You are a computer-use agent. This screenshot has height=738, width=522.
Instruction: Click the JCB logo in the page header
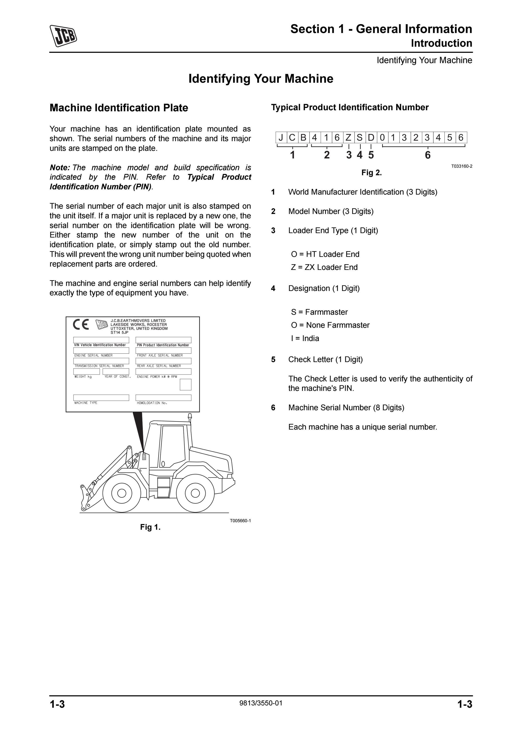click(63, 36)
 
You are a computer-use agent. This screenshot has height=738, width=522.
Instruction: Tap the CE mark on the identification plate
click(81, 325)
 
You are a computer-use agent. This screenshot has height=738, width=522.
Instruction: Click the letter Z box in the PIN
click(348, 138)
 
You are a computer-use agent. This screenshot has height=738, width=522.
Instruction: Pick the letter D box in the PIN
click(371, 138)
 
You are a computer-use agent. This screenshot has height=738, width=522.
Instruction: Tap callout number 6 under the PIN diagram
click(427, 155)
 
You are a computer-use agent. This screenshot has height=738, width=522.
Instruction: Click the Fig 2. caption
click(372, 173)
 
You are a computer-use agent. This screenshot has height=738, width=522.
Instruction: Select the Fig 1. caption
click(150, 527)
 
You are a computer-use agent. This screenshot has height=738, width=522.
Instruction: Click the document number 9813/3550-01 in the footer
click(261, 703)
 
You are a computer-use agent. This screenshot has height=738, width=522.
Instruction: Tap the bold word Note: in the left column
click(60, 168)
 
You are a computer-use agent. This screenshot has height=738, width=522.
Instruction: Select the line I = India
click(305, 338)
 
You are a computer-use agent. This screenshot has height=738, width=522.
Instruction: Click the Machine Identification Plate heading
click(119, 108)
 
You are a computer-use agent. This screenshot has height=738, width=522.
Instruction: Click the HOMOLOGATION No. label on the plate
click(152, 403)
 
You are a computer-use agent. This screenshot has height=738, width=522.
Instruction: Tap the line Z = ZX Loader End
click(324, 267)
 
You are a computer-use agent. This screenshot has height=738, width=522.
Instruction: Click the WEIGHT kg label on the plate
click(83, 377)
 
